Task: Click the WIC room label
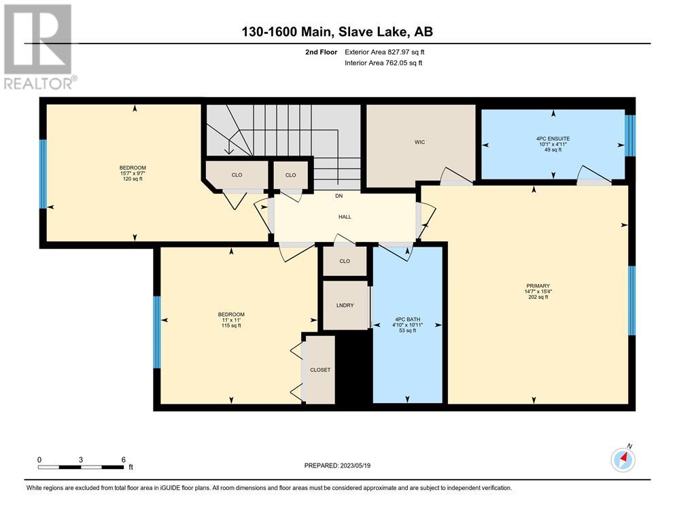[419, 142]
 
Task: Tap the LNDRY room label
[345, 305]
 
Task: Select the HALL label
[345, 217]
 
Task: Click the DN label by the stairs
[339, 196]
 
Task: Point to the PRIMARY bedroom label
[538, 285]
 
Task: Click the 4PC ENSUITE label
[553, 139]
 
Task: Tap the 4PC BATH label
[407, 319]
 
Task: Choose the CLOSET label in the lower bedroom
[320, 370]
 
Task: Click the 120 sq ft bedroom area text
[133, 179]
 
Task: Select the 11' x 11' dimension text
[231, 320]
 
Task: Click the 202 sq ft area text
[538, 297]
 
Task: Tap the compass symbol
[623, 459]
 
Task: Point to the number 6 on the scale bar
[124, 459]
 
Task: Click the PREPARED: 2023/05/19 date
[337, 466]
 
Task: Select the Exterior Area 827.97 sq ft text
[385, 52]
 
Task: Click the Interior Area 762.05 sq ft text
[383, 63]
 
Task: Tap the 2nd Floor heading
[321, 52]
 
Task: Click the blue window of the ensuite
[630, 135]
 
